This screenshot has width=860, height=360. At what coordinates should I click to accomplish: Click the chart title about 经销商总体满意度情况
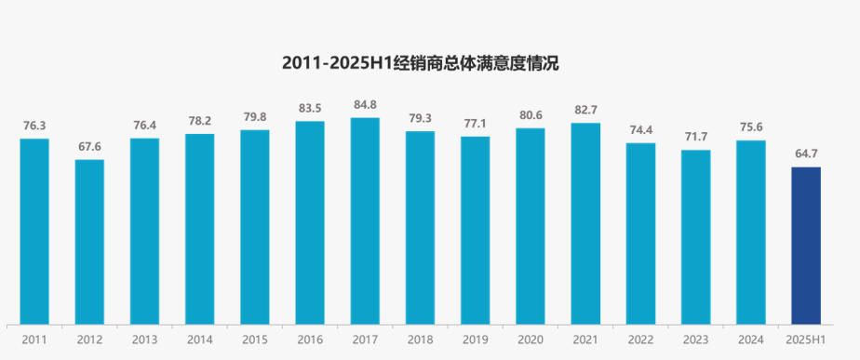tap(420, 63)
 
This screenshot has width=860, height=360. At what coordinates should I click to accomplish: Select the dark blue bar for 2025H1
tap(806, 246)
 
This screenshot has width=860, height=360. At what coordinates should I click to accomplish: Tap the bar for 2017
tap(365, 220)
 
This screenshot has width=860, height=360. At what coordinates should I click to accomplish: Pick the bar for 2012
tap(89, 242)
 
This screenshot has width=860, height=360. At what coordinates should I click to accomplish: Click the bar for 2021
tap(585, 223)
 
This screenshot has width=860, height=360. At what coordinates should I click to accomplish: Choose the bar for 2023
tap(696, 237)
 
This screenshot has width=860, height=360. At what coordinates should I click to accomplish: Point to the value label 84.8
tap(365, 105)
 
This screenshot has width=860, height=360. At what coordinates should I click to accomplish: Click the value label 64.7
tap(806, 153)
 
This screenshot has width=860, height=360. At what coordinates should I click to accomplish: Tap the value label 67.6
tap(89, 146)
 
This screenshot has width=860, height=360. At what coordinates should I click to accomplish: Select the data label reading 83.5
tap(310, 108)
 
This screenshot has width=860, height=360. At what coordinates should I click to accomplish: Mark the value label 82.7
tap(585, 110)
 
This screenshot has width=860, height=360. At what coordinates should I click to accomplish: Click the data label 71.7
tap(696, 137)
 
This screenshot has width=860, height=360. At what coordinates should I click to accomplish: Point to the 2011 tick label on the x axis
tap(34, 340)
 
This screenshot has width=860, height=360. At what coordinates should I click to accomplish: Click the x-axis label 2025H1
tap(806, 340)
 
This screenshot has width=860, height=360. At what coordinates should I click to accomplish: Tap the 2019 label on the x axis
tap(475, 340)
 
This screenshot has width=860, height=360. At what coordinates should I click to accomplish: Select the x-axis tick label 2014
tap(199, 340)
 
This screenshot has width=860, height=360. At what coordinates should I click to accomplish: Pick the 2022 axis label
tap(640, 340)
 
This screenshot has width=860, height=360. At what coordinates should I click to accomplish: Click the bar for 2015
tap(254, 227)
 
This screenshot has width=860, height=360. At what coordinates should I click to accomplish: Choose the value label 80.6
tap(531, 115)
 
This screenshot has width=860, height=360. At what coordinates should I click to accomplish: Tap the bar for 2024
tap(751, 233)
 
